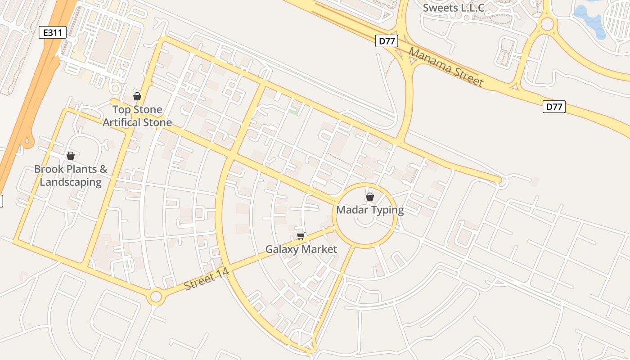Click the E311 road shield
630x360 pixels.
click(53, 32)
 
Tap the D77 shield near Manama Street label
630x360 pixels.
click(387, 41)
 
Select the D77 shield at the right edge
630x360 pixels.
click(554, 107)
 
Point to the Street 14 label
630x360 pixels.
click(207, 279)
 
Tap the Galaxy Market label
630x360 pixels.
click(301, 249)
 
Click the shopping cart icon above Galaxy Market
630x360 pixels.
click(301, 236)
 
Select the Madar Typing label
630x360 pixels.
click(370, 210)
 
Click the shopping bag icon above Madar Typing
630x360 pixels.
click(369, 197)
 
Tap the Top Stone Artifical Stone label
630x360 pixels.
click(137, 116)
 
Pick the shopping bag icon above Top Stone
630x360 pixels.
click(137, 96)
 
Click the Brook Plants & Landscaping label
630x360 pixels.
click(71, 175)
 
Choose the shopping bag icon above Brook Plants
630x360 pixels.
click(71, 156)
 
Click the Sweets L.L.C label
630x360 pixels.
click(454, 8)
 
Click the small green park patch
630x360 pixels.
click(296, 109)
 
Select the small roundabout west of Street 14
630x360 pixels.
click(156, 297)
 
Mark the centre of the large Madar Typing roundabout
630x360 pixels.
click(364, 216)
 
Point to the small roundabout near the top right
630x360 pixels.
click(547, 24)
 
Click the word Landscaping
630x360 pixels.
click(71, 182)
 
